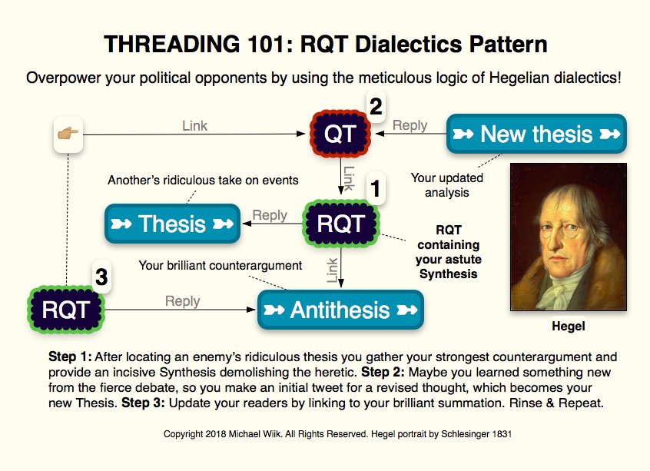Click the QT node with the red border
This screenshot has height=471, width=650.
[x=340, y=134]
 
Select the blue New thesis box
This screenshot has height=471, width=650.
[x=536, y=134]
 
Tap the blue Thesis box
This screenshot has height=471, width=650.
[x=172, y=224]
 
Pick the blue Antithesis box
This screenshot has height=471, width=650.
[x=340, y=310]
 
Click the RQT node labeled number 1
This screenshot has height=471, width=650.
[x=340, y=224]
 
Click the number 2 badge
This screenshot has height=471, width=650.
[x=376, y=107]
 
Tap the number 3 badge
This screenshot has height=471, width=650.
[x=101, y=276]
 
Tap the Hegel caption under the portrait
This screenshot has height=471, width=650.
[x=568, y=327]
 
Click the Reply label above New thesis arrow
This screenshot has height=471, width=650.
[x=410, y=125]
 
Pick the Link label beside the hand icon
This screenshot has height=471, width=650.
[x=194, y=125]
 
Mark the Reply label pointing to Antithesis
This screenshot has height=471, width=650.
[x=182, y=301]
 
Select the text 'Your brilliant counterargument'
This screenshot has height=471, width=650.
[x=221, y=266]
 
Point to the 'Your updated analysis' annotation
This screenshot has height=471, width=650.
[x=447, y=185]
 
